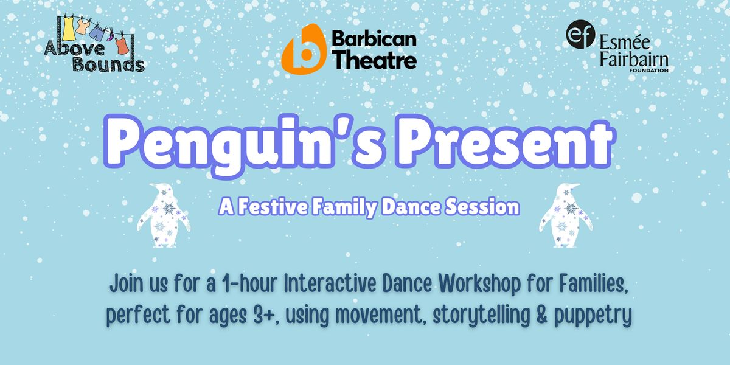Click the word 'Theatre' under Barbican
coord(374,60)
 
